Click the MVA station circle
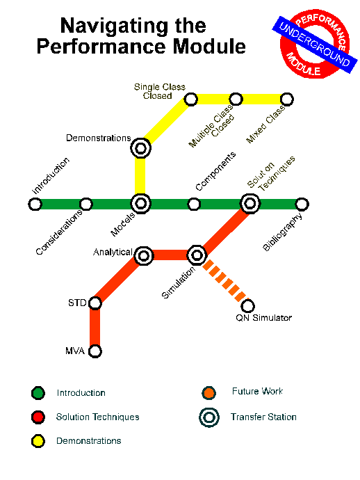click(x=95, y=351)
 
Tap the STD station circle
click(x=95, y=303)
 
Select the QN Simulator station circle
click(x=247, y=305)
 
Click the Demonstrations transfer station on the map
click(x=140, y=148)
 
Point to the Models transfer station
click(x=140, y=204)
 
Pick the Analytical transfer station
click(x=144, y=255)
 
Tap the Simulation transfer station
click(x=197, y=255)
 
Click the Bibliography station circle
click(x=302, y=205)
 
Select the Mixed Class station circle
click(x=286, y=99)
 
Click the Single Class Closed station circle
click(x=191, y=99)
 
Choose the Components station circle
click(x=194, y=205)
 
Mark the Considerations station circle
click(x=86, y=205)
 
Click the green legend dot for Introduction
click(x=38, y=393)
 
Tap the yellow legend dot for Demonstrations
click(x=38, y=441)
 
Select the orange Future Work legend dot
click(x=209, y=393)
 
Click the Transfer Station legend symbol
click(x=209, y=417)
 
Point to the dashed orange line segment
click(x=225, y=281)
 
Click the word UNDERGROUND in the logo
click(x=315, y=45)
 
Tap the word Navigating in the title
click(x=114, y=26)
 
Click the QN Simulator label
click(x=263, y=318)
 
